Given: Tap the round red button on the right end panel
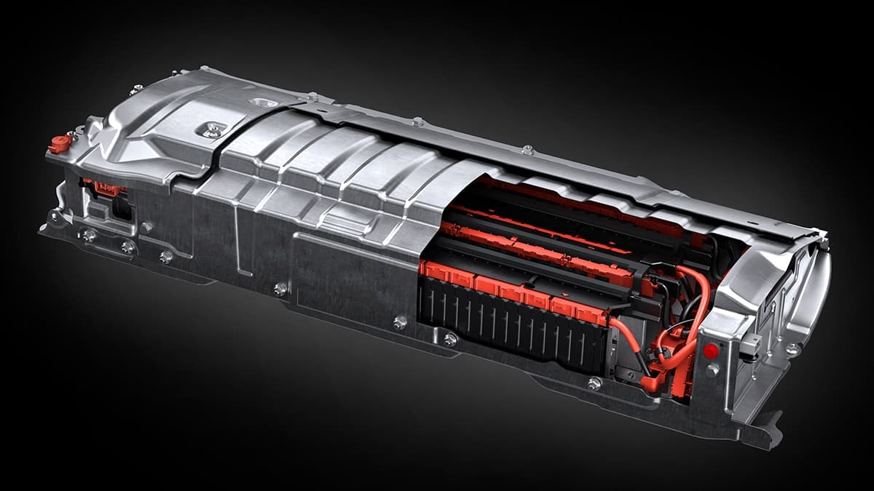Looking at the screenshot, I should [711, 351].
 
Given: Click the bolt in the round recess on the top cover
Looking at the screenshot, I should [212, 130].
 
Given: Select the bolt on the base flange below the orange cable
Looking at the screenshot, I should [594, 383].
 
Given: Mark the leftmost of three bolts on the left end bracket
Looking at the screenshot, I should [89, 235].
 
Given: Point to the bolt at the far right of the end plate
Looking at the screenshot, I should [792, 350].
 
